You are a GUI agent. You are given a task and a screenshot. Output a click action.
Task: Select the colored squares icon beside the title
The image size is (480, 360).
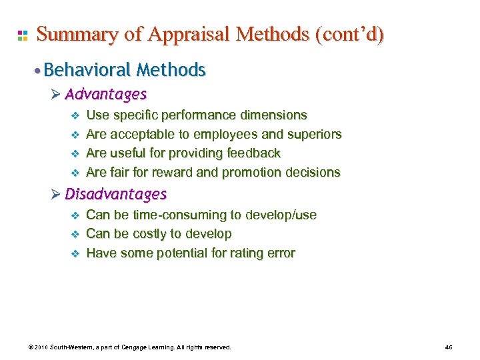22,35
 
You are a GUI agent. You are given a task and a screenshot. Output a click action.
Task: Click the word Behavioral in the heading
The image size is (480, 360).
93,69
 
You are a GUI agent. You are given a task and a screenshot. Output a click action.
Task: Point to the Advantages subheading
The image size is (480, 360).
106,94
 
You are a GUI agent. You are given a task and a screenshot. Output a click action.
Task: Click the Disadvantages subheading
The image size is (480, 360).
116,194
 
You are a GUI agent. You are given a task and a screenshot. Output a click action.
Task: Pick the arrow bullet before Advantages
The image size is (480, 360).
56,94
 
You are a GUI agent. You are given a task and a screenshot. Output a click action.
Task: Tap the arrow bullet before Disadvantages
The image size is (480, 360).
56,194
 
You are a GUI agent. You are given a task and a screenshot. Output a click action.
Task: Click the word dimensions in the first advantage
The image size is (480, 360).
275,115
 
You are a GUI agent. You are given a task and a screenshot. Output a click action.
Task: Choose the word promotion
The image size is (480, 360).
252,173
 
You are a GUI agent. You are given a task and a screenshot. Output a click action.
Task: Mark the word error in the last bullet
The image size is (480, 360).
281,253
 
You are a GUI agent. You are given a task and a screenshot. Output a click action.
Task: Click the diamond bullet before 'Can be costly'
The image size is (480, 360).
75,234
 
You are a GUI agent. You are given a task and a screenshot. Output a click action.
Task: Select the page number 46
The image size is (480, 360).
448,347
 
